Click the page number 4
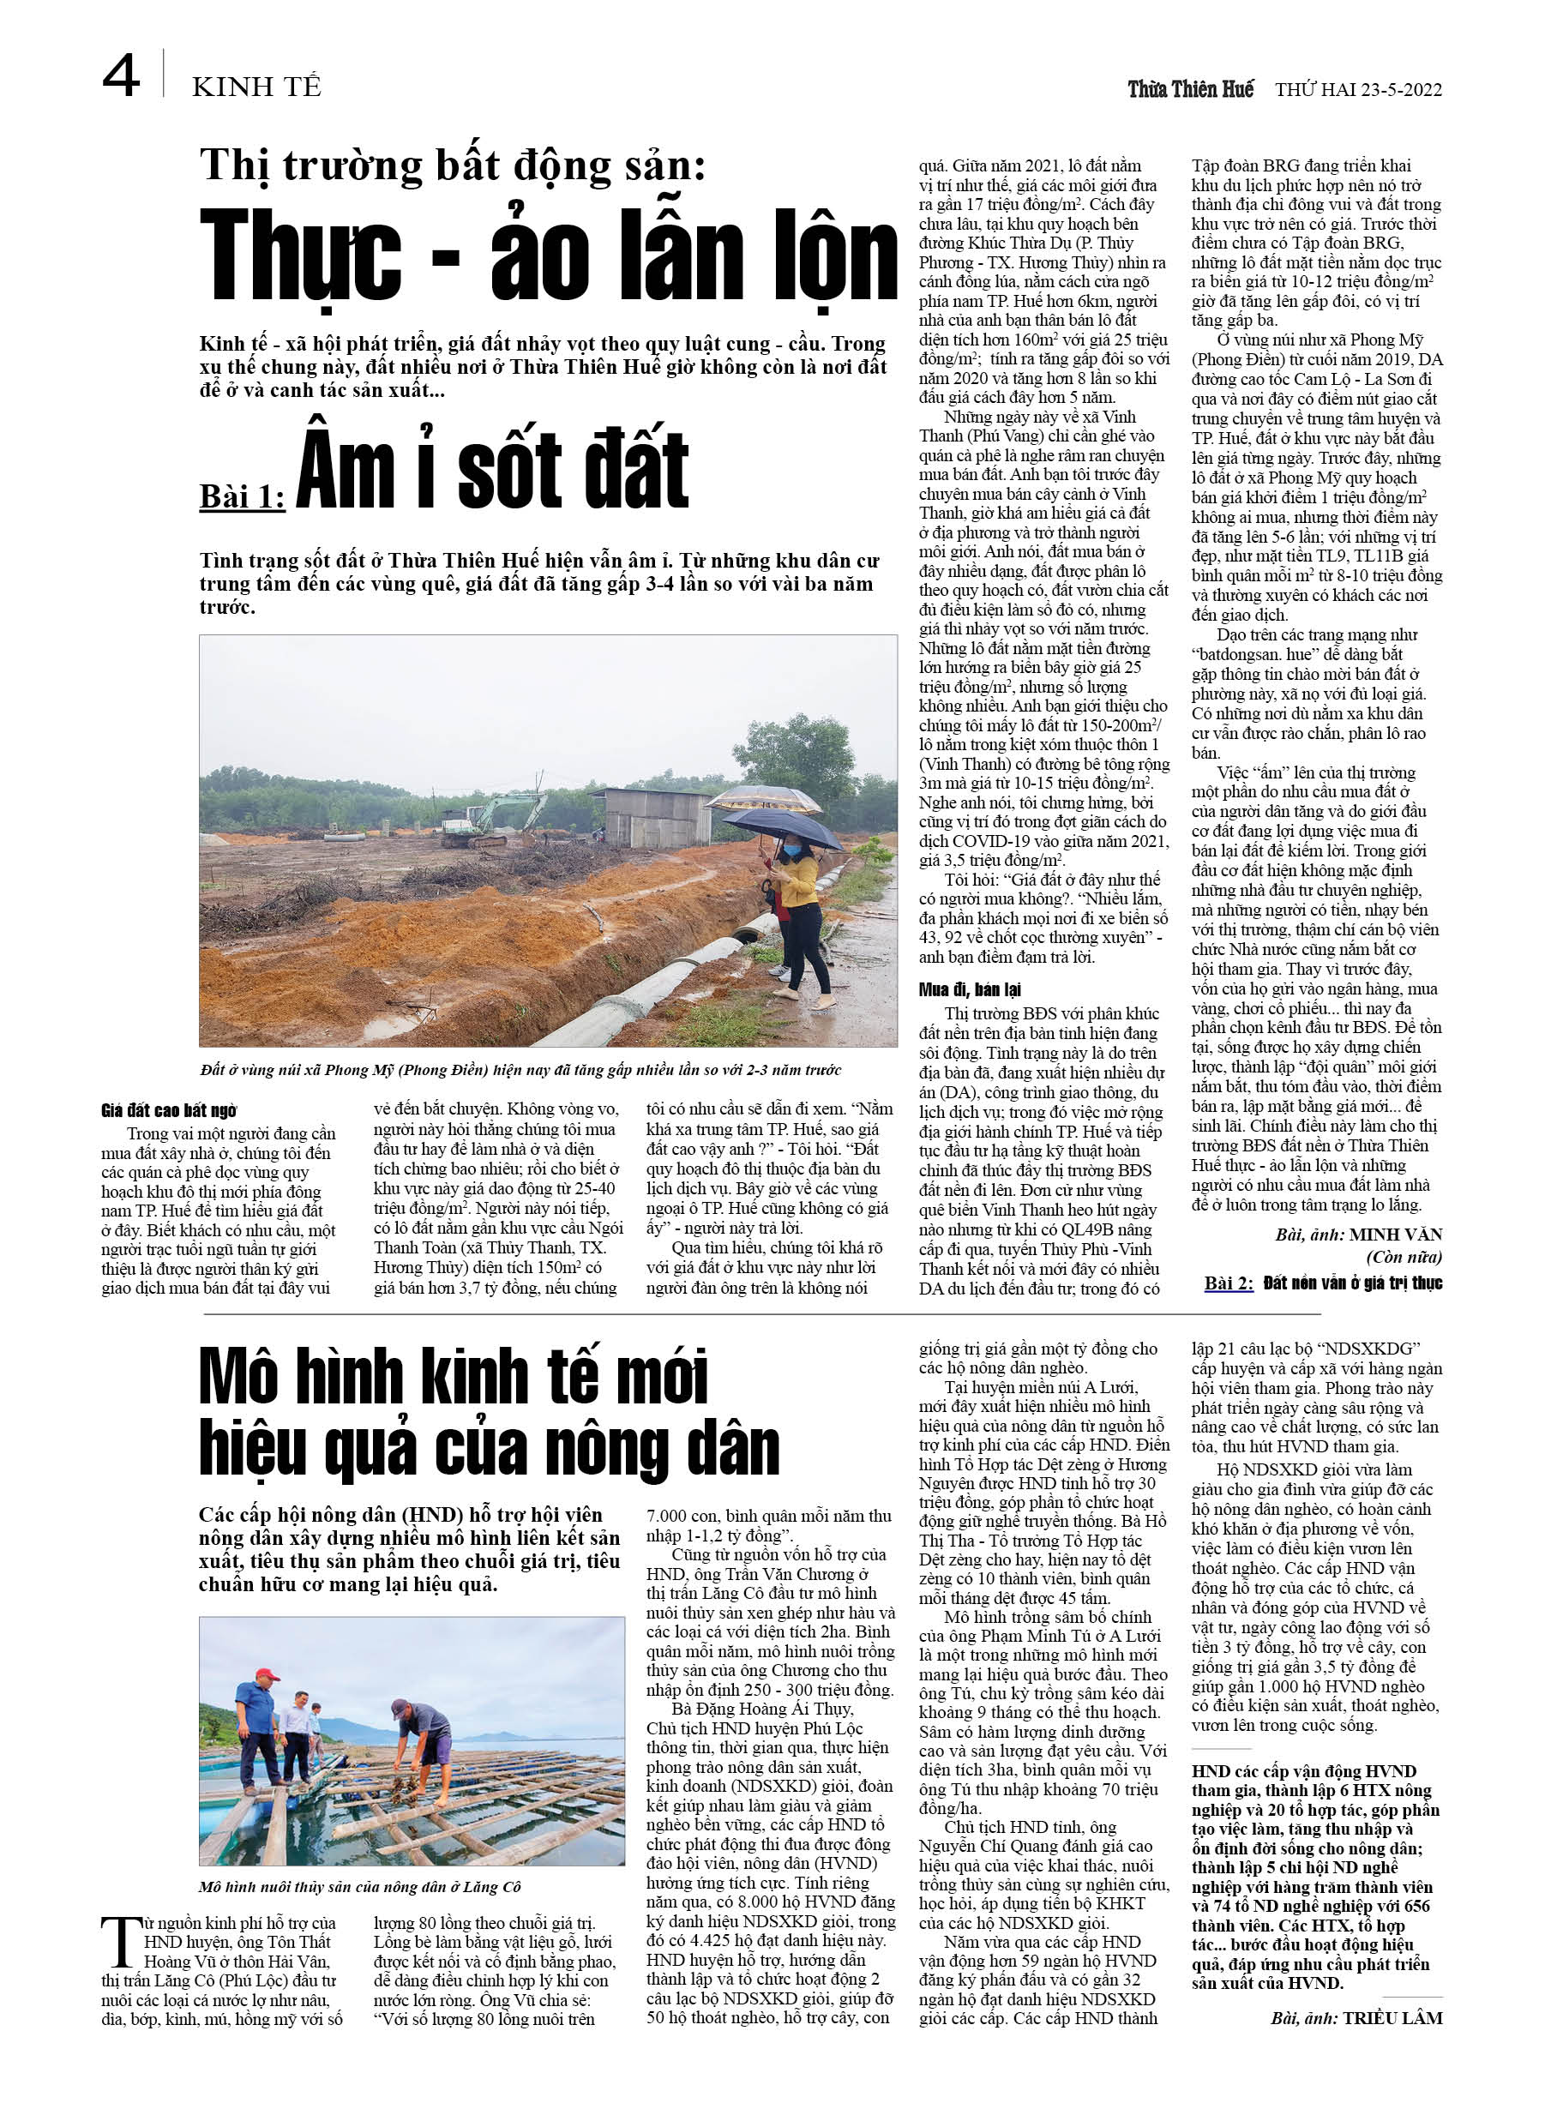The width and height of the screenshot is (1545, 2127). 121,76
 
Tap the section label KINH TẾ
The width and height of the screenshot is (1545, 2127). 256,87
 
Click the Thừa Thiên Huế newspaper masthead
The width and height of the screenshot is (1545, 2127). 1189,89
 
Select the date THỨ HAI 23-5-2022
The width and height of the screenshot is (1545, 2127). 1357,90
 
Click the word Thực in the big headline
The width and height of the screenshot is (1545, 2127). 300,256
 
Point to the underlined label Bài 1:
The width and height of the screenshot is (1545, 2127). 242,496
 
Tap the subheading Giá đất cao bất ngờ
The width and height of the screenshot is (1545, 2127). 169,1111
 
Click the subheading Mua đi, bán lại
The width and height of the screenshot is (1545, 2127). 969,988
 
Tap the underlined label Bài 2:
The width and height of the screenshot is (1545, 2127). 1229,1283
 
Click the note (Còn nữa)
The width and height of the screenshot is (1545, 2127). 1404,1258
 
